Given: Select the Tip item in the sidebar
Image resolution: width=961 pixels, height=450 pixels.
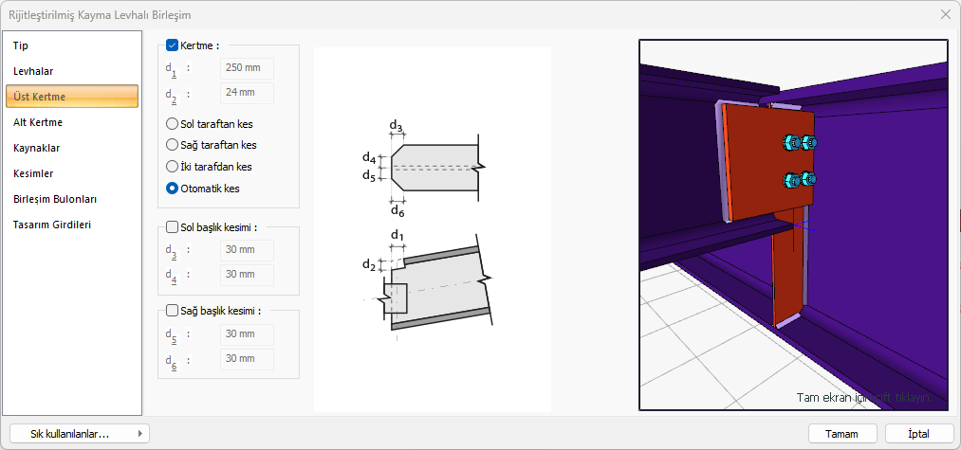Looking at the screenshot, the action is [21, 45].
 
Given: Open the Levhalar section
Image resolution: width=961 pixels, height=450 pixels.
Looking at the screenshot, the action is [33, 72].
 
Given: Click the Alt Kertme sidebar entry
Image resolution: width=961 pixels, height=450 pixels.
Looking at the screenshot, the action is [38, 122].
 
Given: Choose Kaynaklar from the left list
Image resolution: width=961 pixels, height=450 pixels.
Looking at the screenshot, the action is [37, 148].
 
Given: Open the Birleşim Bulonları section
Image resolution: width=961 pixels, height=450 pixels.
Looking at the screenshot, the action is [55, 200].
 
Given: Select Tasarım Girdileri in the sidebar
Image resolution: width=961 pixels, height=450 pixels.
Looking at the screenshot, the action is [52, 225].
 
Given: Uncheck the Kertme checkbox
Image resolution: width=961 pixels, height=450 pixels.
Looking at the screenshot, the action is [173, 45].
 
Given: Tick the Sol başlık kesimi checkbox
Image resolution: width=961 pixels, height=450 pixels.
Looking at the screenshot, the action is [173, 227].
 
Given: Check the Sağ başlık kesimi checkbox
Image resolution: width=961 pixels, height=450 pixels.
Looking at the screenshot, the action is [173, 311].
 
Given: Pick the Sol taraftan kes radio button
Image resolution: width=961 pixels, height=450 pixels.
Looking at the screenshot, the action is [172, 124].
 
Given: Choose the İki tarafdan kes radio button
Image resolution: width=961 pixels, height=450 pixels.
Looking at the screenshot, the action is [172, 167].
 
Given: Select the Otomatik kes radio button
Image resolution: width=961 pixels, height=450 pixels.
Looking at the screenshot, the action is [172, 189].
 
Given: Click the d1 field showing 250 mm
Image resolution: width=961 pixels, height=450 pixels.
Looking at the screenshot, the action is [247, 68].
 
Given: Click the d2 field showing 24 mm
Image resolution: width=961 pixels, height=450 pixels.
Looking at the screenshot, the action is [247, 94].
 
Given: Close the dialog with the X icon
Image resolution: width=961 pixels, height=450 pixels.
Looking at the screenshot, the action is [945, 14].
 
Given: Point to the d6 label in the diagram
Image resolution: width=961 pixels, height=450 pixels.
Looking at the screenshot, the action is [397, 211].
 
